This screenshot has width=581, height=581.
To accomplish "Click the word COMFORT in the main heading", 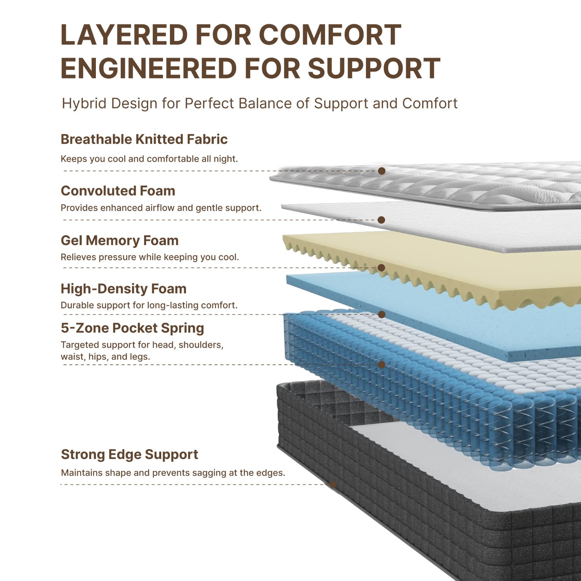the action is (x=330, y=35).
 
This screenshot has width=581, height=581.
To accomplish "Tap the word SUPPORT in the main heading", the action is (x=374, y=68).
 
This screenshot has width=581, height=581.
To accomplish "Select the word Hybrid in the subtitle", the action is (x=84, y=104).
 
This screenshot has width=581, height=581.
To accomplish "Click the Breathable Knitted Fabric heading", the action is (x=144, y=139).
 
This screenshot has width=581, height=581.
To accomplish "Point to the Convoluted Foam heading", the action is (x=118, y=191).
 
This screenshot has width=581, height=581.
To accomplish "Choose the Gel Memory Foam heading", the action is (x=119, y=240).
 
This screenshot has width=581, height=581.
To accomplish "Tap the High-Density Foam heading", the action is (x=123, y=289).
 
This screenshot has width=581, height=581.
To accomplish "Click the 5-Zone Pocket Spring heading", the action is (x=132, y=328).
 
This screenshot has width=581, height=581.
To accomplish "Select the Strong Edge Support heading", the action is (x=129, y=454).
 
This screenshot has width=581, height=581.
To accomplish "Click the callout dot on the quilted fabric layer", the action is (x=382, y=171).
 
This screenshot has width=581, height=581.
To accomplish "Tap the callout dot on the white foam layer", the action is (x=381, y=220).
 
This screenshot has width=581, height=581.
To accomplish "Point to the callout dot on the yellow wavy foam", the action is (x=381, y=268).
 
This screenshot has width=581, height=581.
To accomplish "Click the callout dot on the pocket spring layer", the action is (x=382, y=365).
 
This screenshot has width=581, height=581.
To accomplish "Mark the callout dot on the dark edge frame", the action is (x=333, y=484).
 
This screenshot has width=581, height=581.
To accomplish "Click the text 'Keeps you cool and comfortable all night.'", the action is (x=149, y=159).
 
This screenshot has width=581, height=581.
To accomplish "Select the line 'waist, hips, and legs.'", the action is (x=105, y=357).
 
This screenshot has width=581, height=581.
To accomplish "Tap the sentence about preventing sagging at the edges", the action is (x=173, y=473).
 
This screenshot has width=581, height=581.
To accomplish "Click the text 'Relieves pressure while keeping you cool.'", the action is (x=150, y=257).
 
